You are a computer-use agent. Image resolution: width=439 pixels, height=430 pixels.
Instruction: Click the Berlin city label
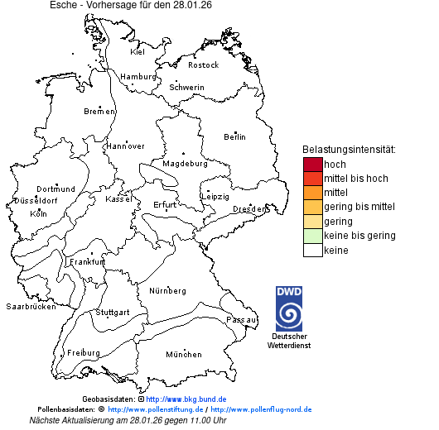(234, 136)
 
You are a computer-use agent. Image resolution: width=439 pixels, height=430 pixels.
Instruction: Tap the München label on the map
(183, 355)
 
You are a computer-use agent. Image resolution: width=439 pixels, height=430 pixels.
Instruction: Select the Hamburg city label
(137, 77)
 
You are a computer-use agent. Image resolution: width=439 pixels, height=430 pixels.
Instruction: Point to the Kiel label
(137, 51)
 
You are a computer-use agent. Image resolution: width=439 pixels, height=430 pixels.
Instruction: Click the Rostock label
(203, 64)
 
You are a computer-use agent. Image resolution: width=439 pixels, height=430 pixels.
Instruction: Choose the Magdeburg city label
(185, 164)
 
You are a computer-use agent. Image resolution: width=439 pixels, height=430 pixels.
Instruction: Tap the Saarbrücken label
(31, 306)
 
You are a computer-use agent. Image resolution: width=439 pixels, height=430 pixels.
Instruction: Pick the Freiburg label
(83, 352)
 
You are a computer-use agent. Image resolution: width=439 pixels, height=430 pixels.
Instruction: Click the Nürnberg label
(167, 291)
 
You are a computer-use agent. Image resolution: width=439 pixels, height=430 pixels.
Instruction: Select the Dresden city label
(248, 209)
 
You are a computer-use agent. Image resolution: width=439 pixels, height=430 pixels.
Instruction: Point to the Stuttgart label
(113, 313)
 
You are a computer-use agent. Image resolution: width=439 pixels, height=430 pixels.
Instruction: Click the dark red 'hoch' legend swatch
(312, 165)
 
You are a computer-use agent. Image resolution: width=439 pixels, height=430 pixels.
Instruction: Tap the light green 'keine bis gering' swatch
(312, 236)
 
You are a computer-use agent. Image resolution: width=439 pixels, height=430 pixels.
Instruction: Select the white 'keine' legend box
(312, 250)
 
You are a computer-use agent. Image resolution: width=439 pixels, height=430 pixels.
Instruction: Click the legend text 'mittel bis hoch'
(355, 179)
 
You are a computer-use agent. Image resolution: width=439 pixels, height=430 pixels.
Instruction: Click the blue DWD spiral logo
(289, 315)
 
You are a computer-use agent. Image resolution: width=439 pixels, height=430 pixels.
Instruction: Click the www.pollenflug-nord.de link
(261, 409)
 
